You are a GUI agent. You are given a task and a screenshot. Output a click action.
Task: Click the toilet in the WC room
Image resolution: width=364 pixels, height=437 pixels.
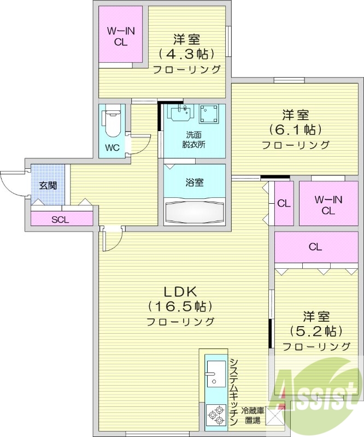click(x=111, y=123)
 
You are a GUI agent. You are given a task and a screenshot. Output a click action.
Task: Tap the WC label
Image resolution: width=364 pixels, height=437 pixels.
click(x=112, y=148)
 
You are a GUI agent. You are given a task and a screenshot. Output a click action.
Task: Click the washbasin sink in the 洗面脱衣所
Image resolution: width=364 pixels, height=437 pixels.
click(x=181, y=113)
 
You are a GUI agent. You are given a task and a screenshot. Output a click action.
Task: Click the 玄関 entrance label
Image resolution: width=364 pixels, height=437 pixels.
click(x=48, y=185)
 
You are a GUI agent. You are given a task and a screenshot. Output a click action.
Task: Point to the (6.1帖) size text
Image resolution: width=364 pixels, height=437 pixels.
click(x=295, y=130)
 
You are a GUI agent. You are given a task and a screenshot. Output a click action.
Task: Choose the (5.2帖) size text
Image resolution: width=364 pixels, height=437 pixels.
click(x=316, y=331)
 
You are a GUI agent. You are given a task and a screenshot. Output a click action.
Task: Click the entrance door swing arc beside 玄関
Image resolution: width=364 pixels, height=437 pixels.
click(x=11, y=183)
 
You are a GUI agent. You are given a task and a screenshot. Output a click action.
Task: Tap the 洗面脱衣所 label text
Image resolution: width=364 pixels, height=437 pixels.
click(x=194, y=140)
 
